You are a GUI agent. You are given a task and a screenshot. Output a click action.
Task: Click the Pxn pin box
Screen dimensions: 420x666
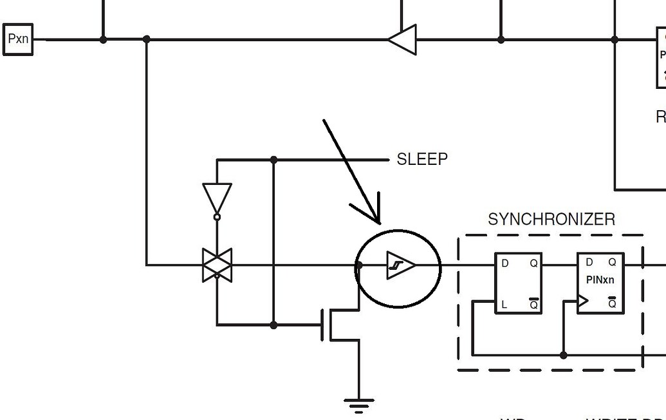click(18, 39)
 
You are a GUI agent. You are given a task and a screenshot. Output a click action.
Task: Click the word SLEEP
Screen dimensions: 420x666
click(422, 159)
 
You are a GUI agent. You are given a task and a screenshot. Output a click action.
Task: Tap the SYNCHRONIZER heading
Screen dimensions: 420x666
click(551, 220)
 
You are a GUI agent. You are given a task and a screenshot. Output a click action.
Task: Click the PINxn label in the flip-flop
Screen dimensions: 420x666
click(600, 280)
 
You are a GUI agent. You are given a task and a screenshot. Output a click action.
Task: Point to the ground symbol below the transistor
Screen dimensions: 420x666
click(359, 405)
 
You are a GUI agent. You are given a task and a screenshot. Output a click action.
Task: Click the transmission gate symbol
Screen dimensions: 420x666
click(217, 265)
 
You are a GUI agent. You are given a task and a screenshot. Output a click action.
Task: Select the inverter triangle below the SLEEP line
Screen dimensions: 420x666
click(217, 197)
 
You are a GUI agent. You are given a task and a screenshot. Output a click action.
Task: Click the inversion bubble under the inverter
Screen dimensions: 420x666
click(217, 217)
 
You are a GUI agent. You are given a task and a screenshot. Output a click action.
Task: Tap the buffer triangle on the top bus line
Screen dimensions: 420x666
click(403, 40)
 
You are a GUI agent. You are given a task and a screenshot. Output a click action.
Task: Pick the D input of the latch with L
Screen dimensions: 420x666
click(504, 263)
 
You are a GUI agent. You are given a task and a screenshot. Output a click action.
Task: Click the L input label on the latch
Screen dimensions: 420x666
click(504, 304)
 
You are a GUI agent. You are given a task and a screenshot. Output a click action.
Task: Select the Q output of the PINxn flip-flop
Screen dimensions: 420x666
click(612, 262)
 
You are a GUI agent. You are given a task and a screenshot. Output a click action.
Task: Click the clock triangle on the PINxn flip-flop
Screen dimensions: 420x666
click(583, 301)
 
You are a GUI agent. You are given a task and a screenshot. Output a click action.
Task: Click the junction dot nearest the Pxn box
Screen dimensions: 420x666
click(103, 40)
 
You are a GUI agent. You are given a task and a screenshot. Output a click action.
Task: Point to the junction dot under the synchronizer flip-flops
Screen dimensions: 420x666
click(564, 355)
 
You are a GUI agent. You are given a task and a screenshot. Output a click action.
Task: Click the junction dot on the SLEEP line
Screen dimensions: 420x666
click(274, 159)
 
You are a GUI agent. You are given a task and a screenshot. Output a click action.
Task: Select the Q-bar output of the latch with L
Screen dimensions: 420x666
click(533, 303)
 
